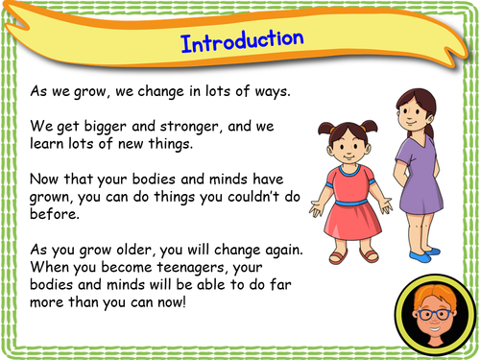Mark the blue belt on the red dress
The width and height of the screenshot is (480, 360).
pyautogui.click(x=354, y=202)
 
